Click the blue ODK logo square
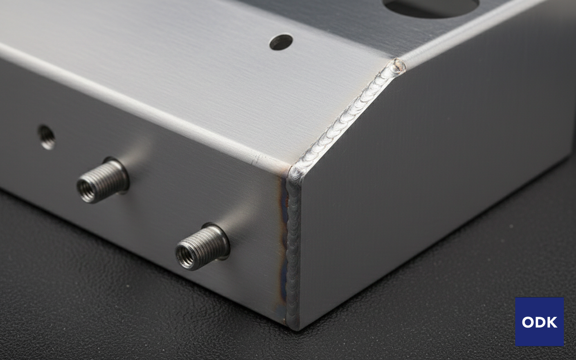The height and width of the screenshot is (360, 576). (x=540, y=322)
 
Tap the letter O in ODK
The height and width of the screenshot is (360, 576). (x=527, y=322)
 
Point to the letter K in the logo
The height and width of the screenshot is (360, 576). (x=552, y=322)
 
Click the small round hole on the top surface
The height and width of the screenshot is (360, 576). (x=281, y=42)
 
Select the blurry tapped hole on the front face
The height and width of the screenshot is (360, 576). (x=46, y=137)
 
